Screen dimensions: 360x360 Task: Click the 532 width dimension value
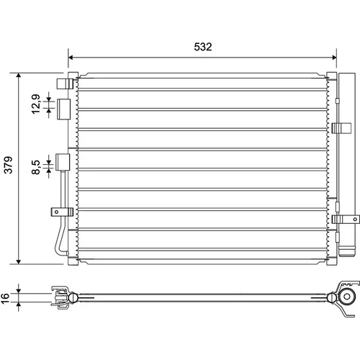tap(203, 47)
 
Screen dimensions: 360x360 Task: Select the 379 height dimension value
tap(9, 165)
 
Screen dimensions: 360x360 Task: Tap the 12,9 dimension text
tap(36, 104)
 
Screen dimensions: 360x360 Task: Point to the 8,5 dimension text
tap(36, 167)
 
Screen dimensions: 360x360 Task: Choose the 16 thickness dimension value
tap(5, 298)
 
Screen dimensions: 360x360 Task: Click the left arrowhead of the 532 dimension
tap(71, 58)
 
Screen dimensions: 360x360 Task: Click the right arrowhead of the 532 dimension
tap(333, 58)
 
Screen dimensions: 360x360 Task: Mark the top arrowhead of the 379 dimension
tap(19, 76)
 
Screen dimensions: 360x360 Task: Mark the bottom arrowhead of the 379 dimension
tap(19, 261)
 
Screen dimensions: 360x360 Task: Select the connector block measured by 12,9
tap(63, 109)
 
